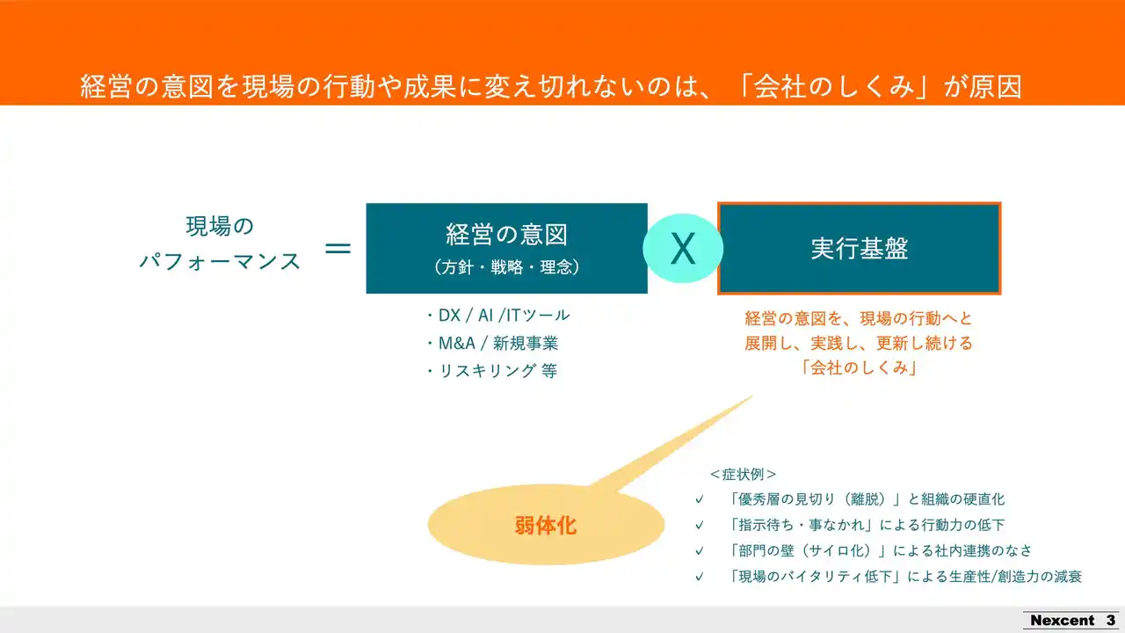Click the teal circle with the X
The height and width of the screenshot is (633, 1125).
pyautogui.click(x=683, y=248)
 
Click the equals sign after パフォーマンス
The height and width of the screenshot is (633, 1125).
pyautogui.click(x=338, y=248)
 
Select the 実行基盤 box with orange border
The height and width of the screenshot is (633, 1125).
pyautogui.click(x=860, y=248)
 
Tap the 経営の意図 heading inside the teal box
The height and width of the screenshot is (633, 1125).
pyautogui.click(x=507, y=235)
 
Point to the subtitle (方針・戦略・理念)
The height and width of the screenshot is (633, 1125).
pyautogui.click(x=507, y=266)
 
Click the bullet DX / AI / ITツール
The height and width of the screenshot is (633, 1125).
pyautogui.click(x=498, y=316)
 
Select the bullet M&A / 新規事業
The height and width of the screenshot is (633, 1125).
pyautogui.click(x=493, y=343)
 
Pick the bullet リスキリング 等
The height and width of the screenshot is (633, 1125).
pyautogui.click(x=492, y=371)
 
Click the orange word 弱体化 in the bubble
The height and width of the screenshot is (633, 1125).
pyautogui.click(x=546, y=526)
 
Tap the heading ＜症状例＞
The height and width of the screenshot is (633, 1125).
pyautogui.click(x=744, y=474)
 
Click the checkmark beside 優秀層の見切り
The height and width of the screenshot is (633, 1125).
pyautogui.click(x=700, y=499)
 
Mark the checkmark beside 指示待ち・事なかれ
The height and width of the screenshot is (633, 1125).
pyautogui.click(x=700, y=525)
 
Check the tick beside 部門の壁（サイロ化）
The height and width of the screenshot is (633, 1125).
pyautogui.click(x=700, y=551)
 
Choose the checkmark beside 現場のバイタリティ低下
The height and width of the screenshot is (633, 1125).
pyautogui.click(x=700, y=577)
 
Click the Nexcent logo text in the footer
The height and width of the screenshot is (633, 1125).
pyautogui.click(x=1062, y=621)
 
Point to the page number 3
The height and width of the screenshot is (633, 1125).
pyautogui.click(x=1110, y=621)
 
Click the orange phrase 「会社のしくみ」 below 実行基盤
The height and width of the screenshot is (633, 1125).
pyautogui.click(x=860, y=367)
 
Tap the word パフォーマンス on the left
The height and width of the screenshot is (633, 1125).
pyautogui.click(x=220, y=261)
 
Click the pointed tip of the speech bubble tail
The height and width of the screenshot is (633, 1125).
pyautogui.click(x=751, y=396)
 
